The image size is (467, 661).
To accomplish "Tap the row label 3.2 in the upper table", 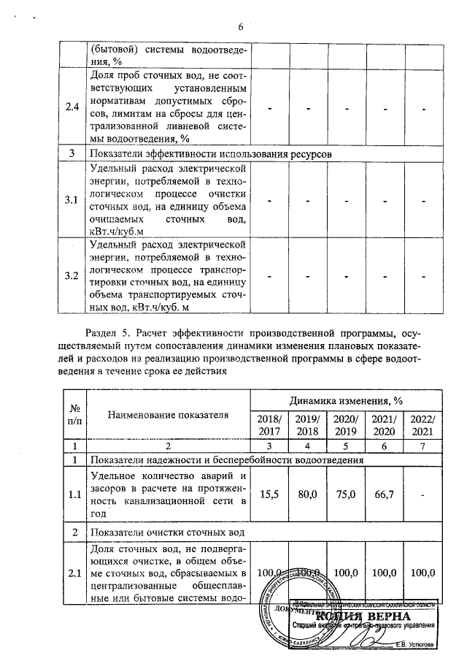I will (72, 276).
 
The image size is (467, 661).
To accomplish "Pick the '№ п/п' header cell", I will (73, 415).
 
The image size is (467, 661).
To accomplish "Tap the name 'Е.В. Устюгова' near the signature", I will (414, 644).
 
